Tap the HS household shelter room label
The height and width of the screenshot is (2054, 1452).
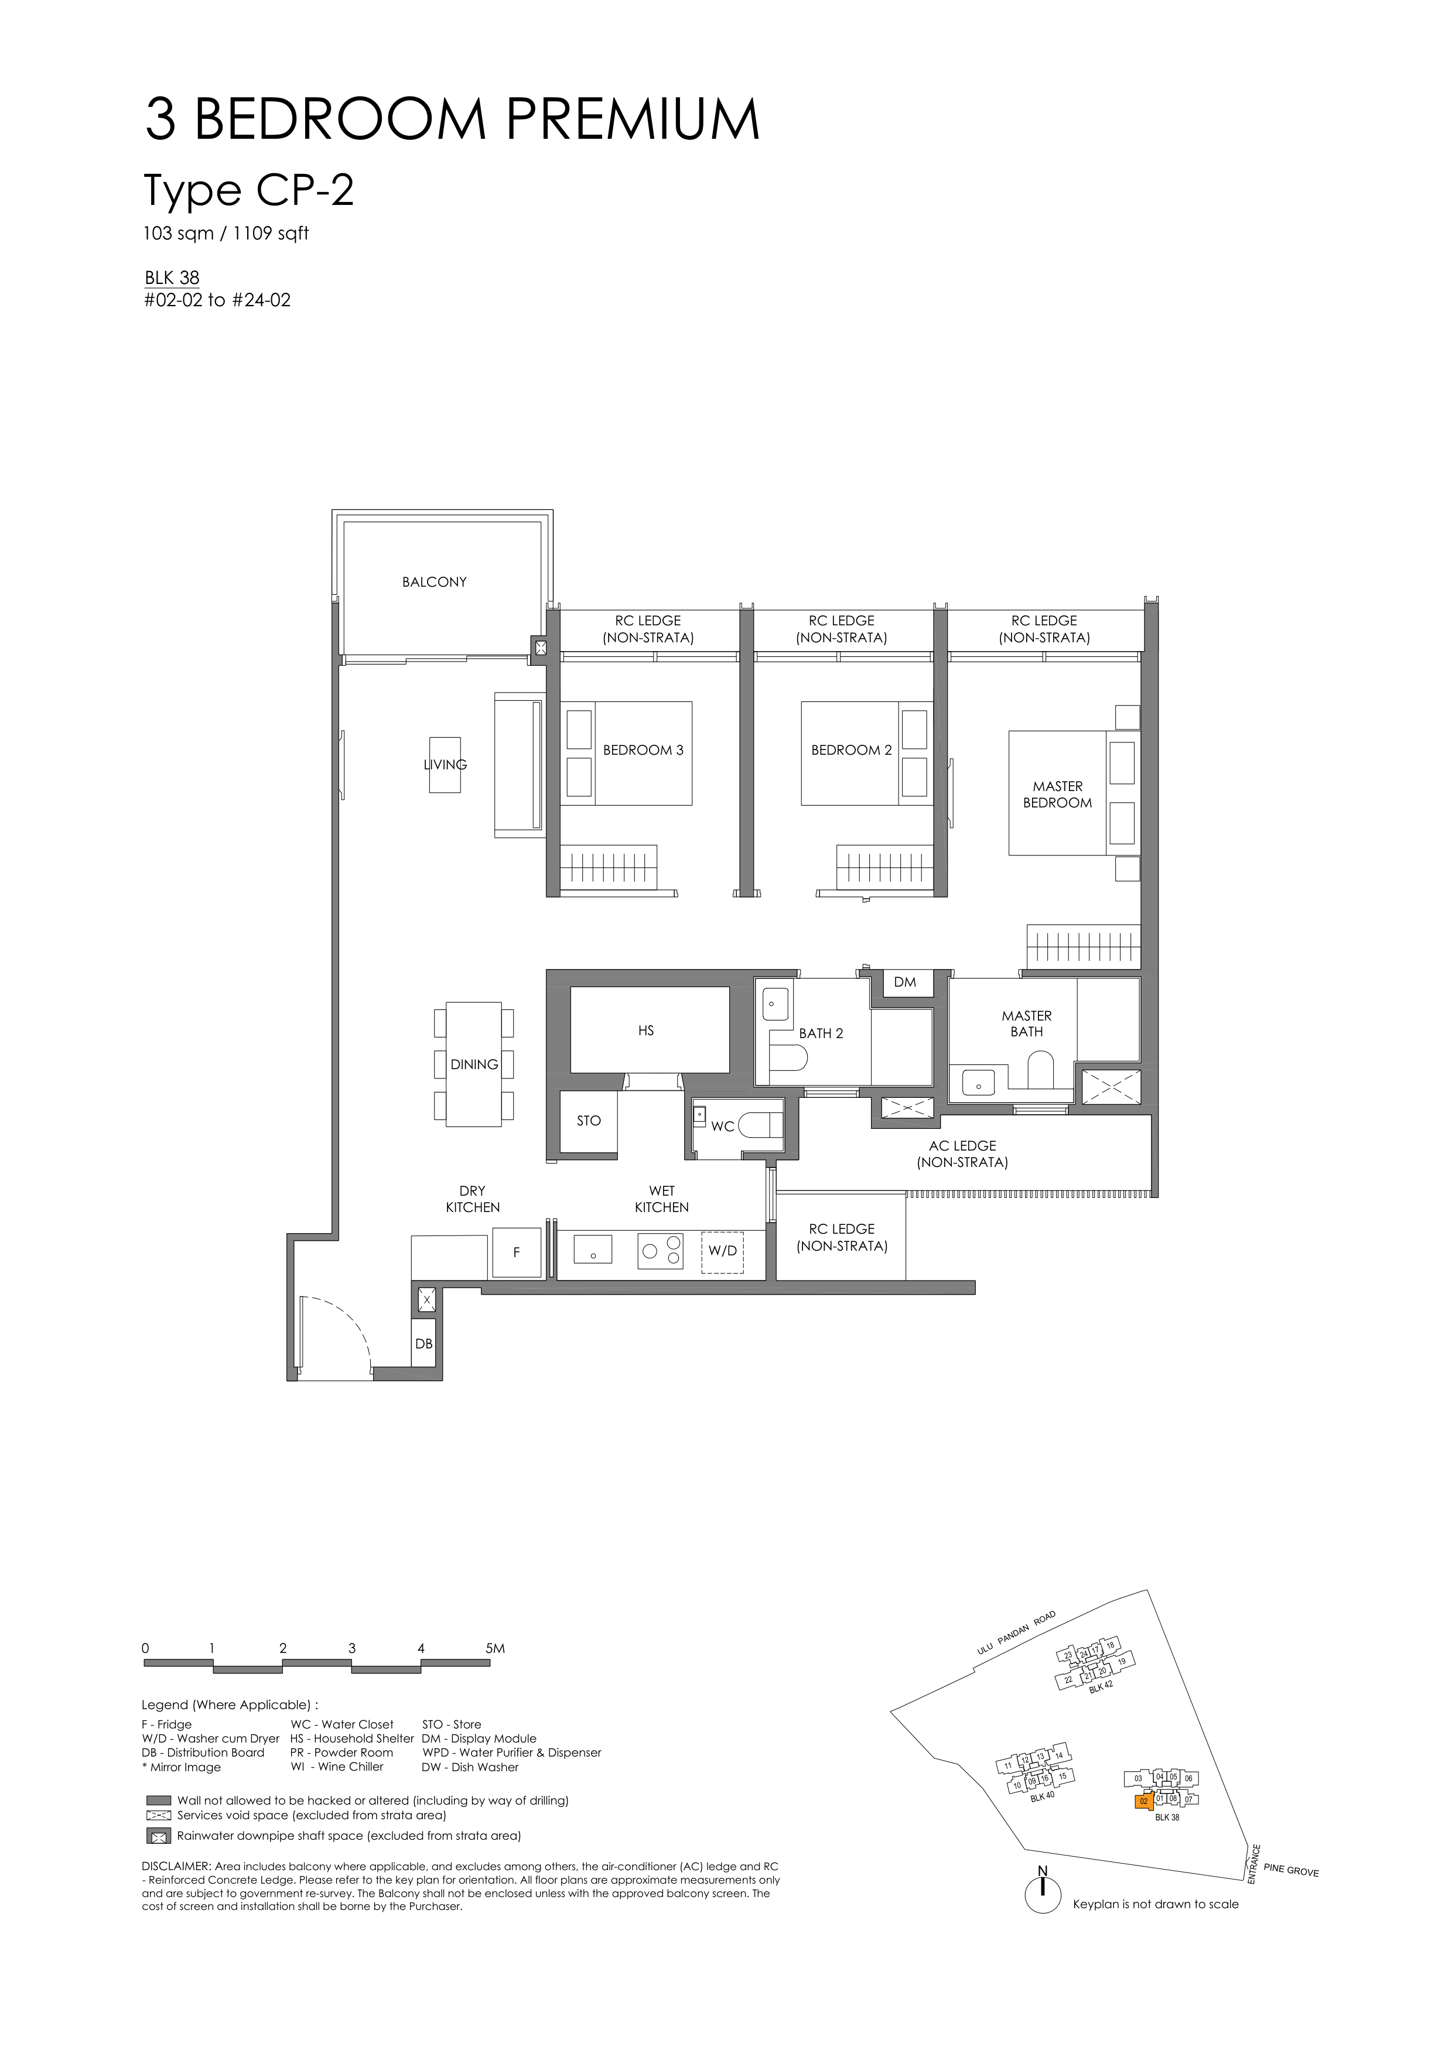click(x=646, y=1031)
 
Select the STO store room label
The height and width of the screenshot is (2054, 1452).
click(x=589, y=1121)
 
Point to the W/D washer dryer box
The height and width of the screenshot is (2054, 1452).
click(x=723, y=1251)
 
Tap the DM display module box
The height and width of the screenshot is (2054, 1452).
click(x=906, y=983)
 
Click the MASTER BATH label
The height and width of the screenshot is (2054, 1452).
click(x=1027, y=1023)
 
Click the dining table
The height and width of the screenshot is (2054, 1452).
click(x=474, y=1064)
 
